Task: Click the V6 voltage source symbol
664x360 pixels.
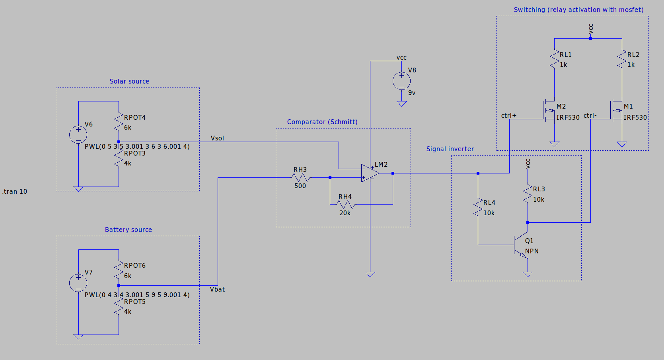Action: point(78,135)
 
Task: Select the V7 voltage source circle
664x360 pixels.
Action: point(78,283)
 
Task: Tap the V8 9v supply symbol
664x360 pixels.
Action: point(402,81)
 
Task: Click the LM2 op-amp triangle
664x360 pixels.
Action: point(370,173)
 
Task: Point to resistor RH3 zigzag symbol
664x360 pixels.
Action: point(300,177)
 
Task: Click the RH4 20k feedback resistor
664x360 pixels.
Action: point(345,204)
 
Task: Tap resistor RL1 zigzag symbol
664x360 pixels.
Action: point(554,59)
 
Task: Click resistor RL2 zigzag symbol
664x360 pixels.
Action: point(622,59)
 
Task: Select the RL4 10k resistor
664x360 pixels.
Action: point(478,208)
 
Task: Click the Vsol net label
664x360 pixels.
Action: point(217,138)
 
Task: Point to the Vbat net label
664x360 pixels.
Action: point(217,289)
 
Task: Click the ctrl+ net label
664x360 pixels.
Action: point(508,115)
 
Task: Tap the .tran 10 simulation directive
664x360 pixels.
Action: point(15,191)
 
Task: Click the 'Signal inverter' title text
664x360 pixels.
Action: point(450,149)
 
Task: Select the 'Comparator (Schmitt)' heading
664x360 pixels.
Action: point(322,122)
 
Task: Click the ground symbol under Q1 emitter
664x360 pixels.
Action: point(528,274)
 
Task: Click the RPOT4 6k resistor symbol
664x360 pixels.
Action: point(119,122)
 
